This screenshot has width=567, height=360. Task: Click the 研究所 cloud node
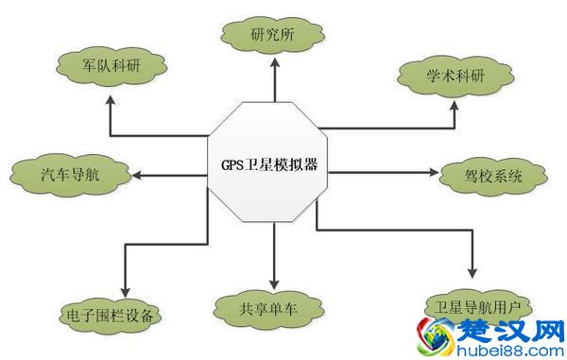[x=274, y=35]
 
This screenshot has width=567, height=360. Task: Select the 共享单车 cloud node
[x=273, y=307]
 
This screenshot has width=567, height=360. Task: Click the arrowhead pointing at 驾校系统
[x=436, y=175]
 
